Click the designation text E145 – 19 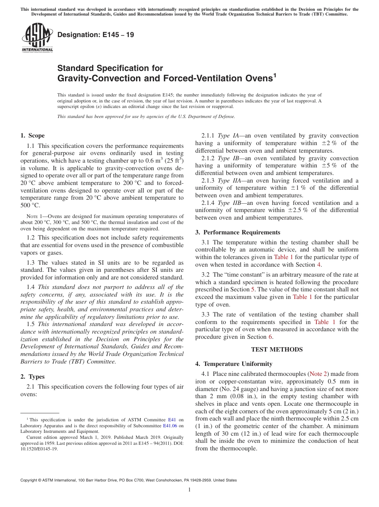(96, 35)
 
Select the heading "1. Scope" (33, 136)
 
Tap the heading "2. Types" (33, 377)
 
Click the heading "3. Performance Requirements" (238, 232)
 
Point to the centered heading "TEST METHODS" (277, 350)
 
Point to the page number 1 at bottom (189, 490)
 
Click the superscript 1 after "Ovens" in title (274, 75)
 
